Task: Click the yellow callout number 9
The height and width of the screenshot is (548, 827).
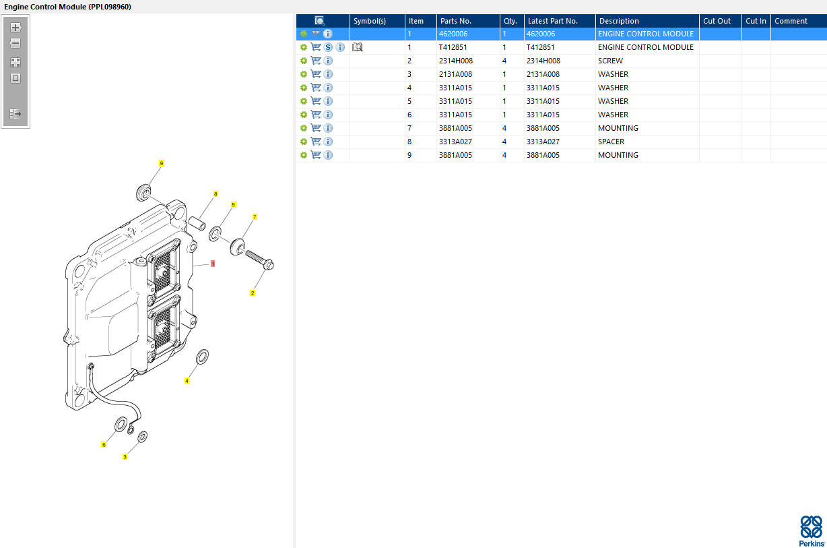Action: pyautogui.click(x=162, y=163)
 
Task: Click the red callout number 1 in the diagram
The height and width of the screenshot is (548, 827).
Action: pyautogui.click(x=213, y=264)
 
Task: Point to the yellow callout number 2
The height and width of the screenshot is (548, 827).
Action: pyautogui.click(x=253, y=293)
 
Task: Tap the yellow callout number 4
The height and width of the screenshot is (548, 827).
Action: pyautogui.click(x=187, y=381)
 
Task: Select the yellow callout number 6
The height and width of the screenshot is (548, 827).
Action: pyautogui.click(x=104, y=445)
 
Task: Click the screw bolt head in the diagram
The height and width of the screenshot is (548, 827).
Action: pyautogui.click(x=269, y=265)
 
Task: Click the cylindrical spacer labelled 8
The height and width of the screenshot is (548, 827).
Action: pyautogui.click(x=197, y=223)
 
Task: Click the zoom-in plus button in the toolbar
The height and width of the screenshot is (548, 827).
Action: pyautogui.click(x=15, y=28)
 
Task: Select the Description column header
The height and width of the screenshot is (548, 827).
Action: pyautogui.click(x=619, y=21)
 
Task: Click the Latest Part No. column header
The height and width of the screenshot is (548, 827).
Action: pyautogui.click(x=553, y=21)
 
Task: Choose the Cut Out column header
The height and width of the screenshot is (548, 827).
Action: pyautogui.click(x=717, y=21)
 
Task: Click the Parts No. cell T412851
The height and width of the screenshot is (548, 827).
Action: pyautogui.click(x=453, y=47)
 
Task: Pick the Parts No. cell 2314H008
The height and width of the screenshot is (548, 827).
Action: pyautogui.click(x=456, y=61)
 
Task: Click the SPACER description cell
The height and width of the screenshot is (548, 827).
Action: pyautogui.click(x=611, y=142)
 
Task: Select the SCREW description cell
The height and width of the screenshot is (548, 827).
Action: pyautogui.click(x=610, y=61)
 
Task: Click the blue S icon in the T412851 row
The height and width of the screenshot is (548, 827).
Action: pyautogui.click(x=328, y=47)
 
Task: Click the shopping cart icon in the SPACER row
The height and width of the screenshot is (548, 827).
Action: pyautogui.click(x=316, y=142)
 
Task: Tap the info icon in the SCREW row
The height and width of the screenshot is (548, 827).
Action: pyautogui.click(x=328, y=61)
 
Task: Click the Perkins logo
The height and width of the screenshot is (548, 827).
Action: pyautogui.click(x=812, y=531)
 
